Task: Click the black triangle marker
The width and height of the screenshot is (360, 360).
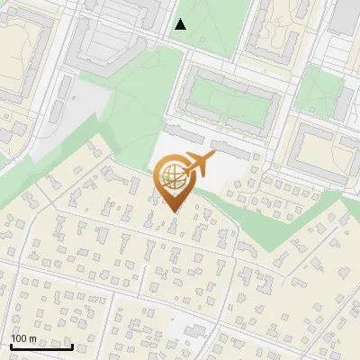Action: [181, 24]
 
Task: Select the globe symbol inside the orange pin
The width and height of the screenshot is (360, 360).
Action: [170, 178]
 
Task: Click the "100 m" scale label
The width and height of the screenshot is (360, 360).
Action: [23, 338]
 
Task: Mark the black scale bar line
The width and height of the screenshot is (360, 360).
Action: [41, 346]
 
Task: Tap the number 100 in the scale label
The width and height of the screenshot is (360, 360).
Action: [19, 338]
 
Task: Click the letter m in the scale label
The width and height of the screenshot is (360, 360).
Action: [32, 338]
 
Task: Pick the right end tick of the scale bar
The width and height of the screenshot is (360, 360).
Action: [72, 345]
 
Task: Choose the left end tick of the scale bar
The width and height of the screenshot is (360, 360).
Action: [11, 345]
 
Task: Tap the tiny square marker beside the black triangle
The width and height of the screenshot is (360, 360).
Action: [203, 40]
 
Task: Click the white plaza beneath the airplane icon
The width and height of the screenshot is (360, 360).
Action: [225, 166]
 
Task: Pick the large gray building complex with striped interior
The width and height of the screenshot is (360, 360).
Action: [108, 36]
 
